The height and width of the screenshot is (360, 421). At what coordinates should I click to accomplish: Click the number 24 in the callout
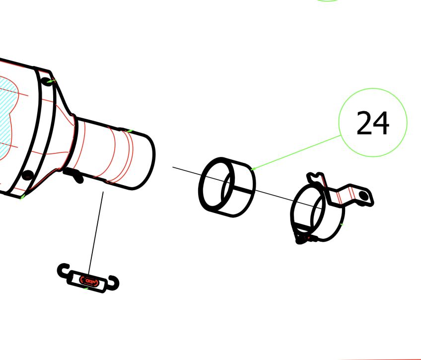click(373, 123)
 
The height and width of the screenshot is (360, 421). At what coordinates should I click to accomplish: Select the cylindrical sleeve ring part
click(227, 187)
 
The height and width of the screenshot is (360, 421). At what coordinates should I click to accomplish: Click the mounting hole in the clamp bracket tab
click(365, 197)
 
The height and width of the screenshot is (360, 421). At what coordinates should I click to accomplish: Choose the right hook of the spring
click(115, 283)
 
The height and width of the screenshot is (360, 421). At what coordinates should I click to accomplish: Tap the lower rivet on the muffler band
click(28, 175)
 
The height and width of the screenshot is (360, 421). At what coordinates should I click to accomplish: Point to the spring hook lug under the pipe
click(74, 175)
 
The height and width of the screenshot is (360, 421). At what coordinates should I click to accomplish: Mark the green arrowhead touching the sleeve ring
click(253, 169)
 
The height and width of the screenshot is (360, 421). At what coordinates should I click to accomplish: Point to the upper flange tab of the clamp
click(315, 177)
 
